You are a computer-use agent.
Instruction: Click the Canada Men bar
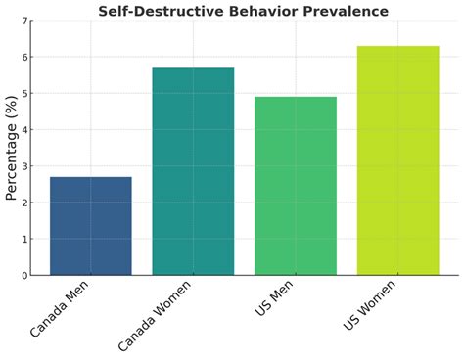coord(91,226)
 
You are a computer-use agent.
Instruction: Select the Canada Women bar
coord(193,171)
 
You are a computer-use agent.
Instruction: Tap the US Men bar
coord(295,186)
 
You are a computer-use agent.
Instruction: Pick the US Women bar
coord(397,160)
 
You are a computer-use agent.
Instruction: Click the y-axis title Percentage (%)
coord(11,149)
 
